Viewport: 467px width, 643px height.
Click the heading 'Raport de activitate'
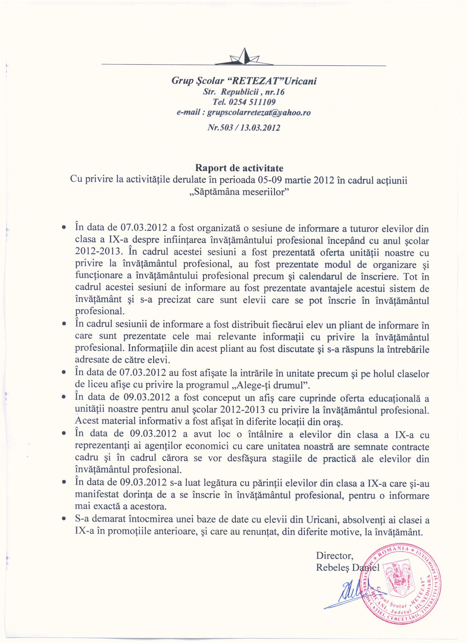coord(239,169)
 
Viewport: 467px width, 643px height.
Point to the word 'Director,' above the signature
coord(335,556)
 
